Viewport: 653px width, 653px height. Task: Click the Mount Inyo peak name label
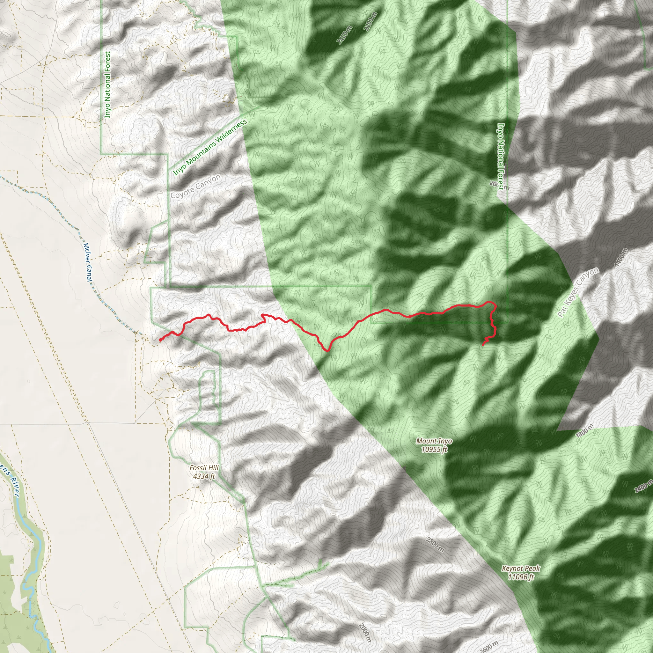[434, 441]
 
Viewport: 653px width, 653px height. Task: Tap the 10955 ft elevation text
[434, 449]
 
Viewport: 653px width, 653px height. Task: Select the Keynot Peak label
[521, 569]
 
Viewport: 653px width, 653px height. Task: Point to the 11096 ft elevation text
[521, 577]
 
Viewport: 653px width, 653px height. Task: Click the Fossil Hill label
[204, 468]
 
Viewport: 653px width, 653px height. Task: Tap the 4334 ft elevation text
[204, 476]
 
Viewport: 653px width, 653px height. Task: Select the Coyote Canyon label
[195, 186]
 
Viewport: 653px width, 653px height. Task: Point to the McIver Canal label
[87, 262]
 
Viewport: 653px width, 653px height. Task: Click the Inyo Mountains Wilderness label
[210, 147]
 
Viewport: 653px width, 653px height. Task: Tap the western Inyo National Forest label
[107, 84]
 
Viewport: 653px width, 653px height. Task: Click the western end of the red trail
[159, 340]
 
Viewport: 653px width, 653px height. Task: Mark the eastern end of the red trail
[483, 345]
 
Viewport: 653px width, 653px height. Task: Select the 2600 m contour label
[488, 646]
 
